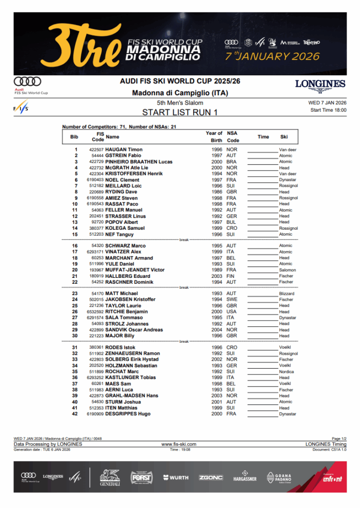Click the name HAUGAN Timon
pyautogui.click(x=124, y=149)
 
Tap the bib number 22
pyautogui.click(x=75, y=282)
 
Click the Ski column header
pyautogui.click(x=284, y=136)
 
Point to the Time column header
pyautogui.click(x=263, y=136)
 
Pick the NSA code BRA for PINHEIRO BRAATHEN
pyautogui.click(x=231, y=162)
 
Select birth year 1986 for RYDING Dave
pyautogui.click(x=217, y=192)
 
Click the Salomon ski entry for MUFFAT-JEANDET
pyautogui.click(x=287, y=270)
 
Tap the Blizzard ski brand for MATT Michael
pyautogui.click(x=287, y=294)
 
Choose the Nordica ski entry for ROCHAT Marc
pyautogui.click(x=286, y=372)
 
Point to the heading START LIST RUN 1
pyautogui.click(x=180, y=112)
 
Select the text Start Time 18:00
pyautogui.click(x=328, y=110)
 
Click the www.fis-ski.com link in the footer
pyautogui.click(x=179, y=444)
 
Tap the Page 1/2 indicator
pyautogui.click(x=339, y=439)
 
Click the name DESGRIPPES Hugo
pyautogui.click(x=128, y=414)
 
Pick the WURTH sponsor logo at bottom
pyautogui.click(x=176, y=477)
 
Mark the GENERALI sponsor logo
pyautogui.click(x=110, y=478)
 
